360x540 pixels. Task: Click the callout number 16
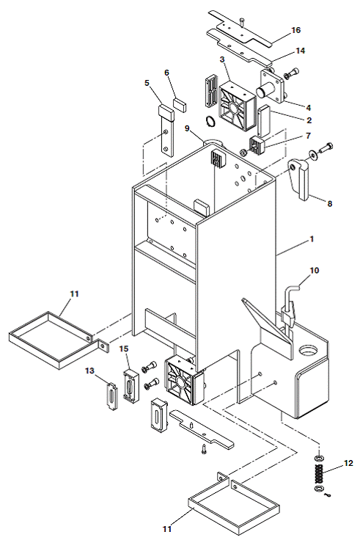pyautogui.click(x=296, y=30)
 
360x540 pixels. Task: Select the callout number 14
pyautogui.click(x=301, y=51)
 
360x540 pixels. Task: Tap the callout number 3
pyautogui.click(x=222, y=59)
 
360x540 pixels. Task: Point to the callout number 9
pyautogui.click(x=187, y=128)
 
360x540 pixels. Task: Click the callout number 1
pyautogui.click(x=312, y=238)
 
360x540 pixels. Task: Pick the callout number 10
pyautogui.click(x=315, y=270)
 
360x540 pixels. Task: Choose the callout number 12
pyautogui.click(x=348, y=463)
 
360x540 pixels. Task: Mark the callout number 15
pyautogui.click(x=124, y=349)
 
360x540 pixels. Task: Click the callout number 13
pyautogui.click(x=89, y=371)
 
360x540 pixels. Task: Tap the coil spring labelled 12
pyautogui.click(x=319, y=473)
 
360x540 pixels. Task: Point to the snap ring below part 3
pyautogui.click(x=210, y=121)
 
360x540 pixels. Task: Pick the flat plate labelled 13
pyautogui.click(x=112, y=396)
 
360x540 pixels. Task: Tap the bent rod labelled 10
pyautogui.click(x=290, y=303)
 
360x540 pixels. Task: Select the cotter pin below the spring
pyautogui.click(x=328, y=495)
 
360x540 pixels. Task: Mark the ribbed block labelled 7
pyautogui.click(x=258, y=145)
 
